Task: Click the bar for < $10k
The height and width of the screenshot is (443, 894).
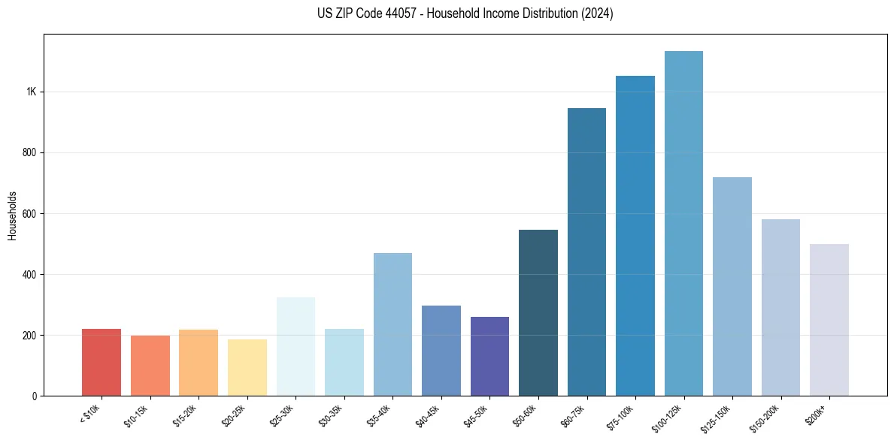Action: click(x=102, y=363)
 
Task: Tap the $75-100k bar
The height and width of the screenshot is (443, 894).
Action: click(x=635, y=236)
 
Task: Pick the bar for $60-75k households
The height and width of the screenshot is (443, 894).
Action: click(x=586, y=252)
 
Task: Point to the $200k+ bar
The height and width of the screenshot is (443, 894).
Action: click(x=829, y=320)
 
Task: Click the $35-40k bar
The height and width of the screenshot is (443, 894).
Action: click(x=392, y=324)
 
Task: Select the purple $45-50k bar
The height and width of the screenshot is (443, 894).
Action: click(x=489, y=357)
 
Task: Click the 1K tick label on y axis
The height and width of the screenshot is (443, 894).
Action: click(x=31, y=92)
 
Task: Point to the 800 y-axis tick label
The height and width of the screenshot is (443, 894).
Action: click(x=29, y=153)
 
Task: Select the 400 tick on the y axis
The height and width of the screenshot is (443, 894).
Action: click(x=29, y=275)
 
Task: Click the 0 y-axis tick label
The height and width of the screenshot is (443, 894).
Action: click(x=35, y=396)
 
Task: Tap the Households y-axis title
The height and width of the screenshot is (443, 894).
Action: click(x=12, y=215)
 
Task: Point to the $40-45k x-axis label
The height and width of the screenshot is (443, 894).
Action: click(x=429, y=416)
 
